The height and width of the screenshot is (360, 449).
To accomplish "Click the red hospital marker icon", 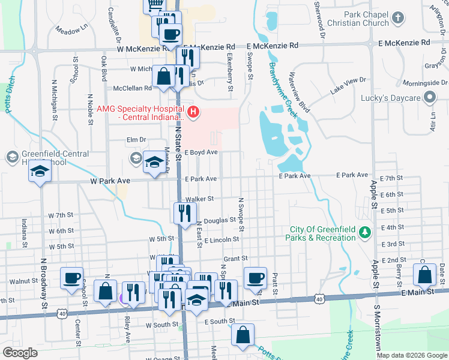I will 193,111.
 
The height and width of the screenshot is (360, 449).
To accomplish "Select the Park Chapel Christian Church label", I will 367,19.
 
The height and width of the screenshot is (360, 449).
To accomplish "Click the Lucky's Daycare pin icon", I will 429,97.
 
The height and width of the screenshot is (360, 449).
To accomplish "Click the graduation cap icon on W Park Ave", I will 40,172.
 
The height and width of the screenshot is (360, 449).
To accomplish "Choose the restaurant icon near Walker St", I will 184,212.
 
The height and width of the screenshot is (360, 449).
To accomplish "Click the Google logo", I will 20,353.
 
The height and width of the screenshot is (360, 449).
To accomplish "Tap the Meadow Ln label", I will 71,28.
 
